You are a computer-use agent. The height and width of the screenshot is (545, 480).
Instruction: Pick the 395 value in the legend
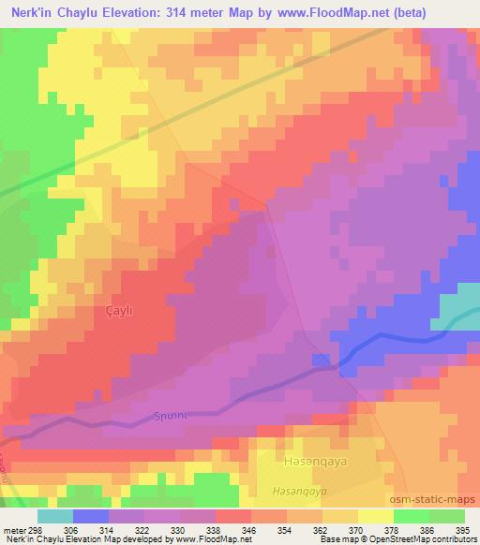tap(464, 529)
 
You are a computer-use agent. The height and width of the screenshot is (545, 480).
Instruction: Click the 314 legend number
tap(111, 529)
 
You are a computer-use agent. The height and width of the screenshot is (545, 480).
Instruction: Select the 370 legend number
tap(357, 529)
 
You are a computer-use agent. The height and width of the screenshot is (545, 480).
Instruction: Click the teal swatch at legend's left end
tap(55, 516)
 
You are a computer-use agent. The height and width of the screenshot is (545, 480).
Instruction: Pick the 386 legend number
tap(427, 529)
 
